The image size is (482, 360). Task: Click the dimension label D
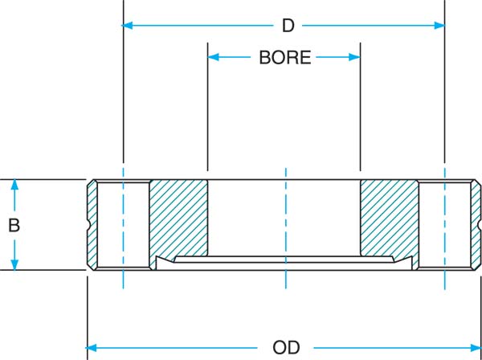pos(288,27)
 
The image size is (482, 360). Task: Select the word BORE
pos(285,58)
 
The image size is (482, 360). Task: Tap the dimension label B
pos(14,225)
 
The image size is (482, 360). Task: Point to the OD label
pos(286,348)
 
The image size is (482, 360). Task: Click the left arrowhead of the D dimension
pos(127,26)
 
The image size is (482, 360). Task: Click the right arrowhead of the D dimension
pos(439,26)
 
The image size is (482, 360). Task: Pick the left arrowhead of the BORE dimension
pos(214,57)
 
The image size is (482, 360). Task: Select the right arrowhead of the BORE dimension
pos(354,57)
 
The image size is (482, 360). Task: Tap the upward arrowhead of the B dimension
pos(14,185)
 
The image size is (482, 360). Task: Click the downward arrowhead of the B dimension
pos(14,264)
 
